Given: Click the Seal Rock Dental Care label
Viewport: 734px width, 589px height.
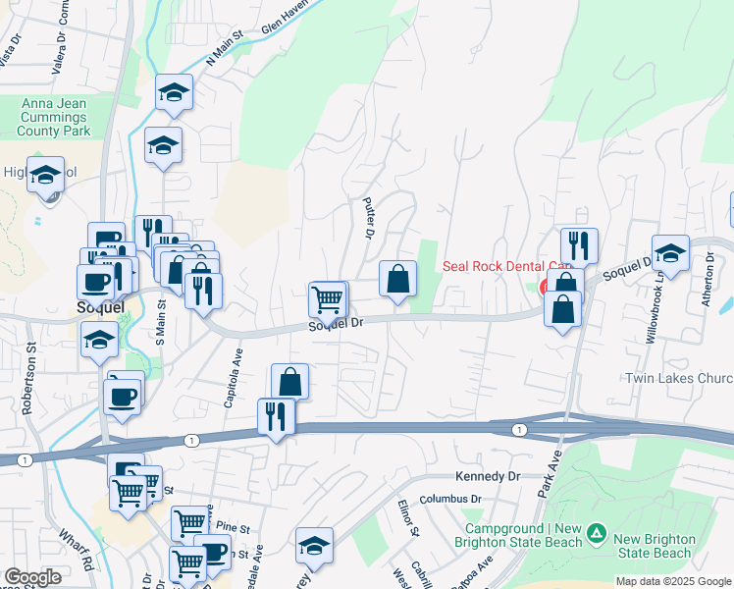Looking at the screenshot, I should (506, 265).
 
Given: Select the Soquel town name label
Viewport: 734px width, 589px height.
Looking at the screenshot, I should (100, 306).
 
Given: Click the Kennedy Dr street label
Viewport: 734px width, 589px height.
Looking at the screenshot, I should (487, 476).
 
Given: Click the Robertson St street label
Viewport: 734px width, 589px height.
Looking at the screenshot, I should (29, 378).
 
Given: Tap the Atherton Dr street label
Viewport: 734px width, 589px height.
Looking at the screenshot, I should (709, 279).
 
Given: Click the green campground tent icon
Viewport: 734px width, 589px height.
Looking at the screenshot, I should (596, 535).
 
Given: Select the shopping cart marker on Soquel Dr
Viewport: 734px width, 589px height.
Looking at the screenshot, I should (327, 297).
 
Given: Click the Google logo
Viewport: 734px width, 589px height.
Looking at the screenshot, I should (32, 577).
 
